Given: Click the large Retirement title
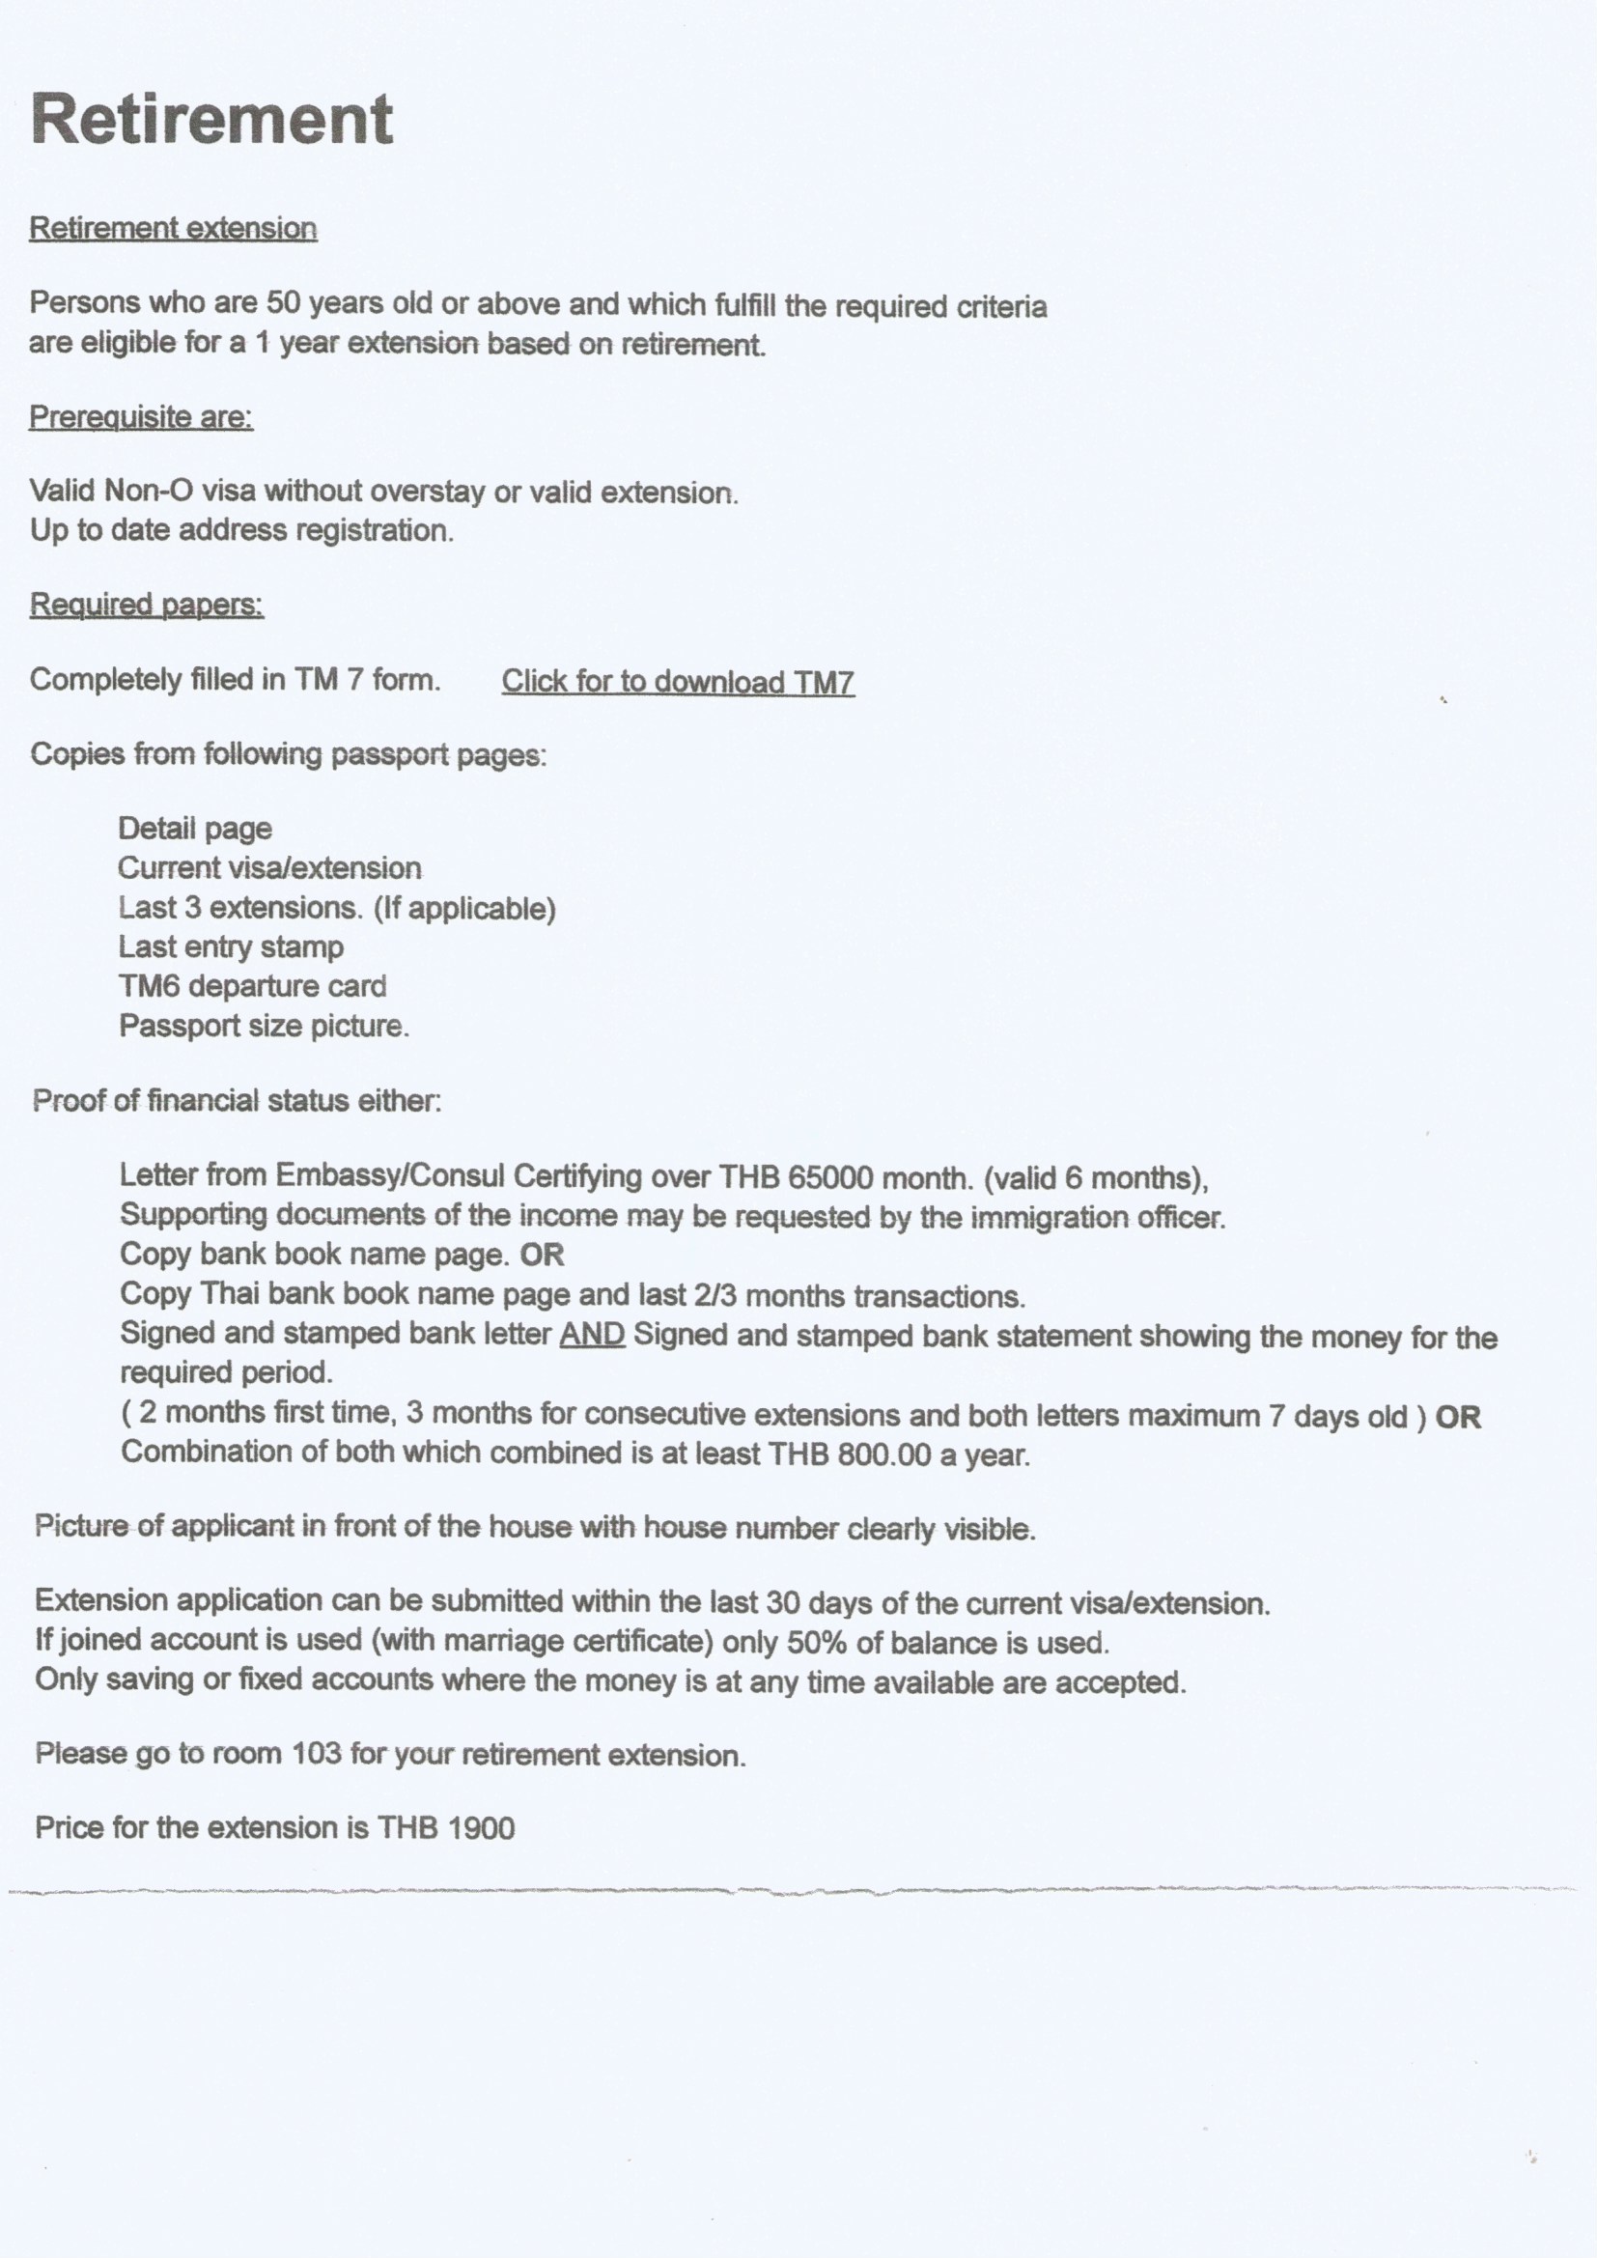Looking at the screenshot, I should [x=211, y=119].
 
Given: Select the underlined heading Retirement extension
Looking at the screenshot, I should [x=173, y=228].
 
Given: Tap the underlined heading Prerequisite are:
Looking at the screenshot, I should [x=141, y=417].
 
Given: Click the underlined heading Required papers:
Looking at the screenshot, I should [x=147, y=604].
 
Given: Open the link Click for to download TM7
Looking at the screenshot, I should [x=678, y=682].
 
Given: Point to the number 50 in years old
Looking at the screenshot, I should [x=283, y=303].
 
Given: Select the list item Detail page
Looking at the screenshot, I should [x=195, y=828].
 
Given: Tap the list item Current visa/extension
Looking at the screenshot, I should [x=269, y=867].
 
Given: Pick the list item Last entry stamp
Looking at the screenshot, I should [x=231, y=946].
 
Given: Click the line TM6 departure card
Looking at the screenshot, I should [x=253, y=985].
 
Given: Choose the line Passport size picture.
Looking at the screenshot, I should [x=264, y=1026].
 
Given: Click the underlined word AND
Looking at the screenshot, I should [x=592, y=1335].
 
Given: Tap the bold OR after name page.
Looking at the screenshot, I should [x=542, y=1255].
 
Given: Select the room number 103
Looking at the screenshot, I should [x=317, y=1754].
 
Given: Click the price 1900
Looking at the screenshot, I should [x=481, y=1828].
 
